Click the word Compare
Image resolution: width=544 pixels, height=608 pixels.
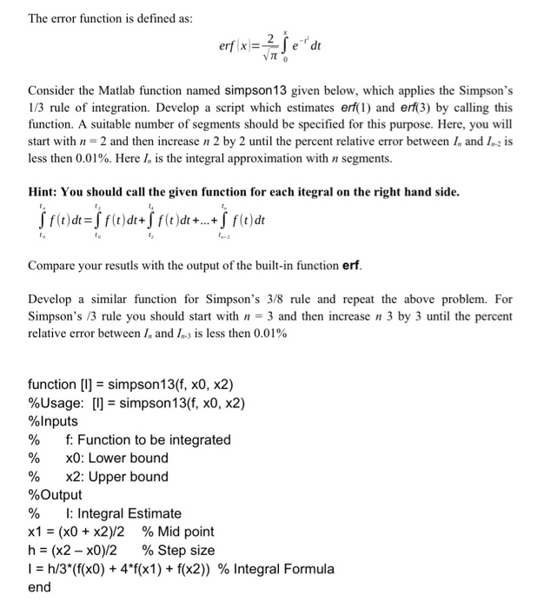coord(55,263)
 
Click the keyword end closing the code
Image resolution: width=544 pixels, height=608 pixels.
coord(40,587)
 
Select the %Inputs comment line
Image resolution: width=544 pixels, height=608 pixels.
coord(53,421)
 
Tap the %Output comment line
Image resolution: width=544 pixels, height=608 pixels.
coord(55,495)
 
